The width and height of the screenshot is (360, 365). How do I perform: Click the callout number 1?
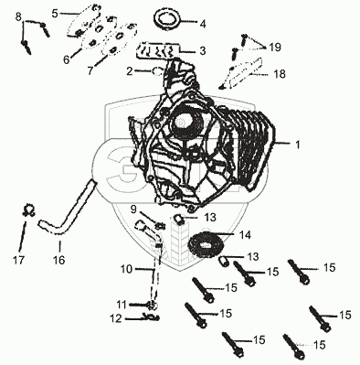point(298,145)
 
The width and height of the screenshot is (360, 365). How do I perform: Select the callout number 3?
point(203,50)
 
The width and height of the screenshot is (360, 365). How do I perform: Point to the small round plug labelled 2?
point(157,72)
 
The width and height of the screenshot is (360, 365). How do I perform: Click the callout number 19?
point(275,48)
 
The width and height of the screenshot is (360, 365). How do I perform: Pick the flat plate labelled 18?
point(241,74)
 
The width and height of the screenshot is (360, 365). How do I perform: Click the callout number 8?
point(18,16)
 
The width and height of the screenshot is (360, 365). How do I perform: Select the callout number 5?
point(55,14)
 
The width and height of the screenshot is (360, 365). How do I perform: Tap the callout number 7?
point(90,70)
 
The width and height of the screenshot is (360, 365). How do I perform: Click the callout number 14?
point(245,235)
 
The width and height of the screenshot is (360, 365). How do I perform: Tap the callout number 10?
point(127,269)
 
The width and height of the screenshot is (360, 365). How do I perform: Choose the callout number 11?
point(122,305)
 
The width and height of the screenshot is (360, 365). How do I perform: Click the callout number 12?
point(115,318)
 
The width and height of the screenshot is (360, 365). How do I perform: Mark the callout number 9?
point(133,209)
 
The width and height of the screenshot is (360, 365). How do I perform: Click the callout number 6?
point(67,59)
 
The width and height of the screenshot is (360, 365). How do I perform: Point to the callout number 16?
point(59,260)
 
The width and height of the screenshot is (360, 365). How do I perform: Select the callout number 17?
point(18,260)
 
